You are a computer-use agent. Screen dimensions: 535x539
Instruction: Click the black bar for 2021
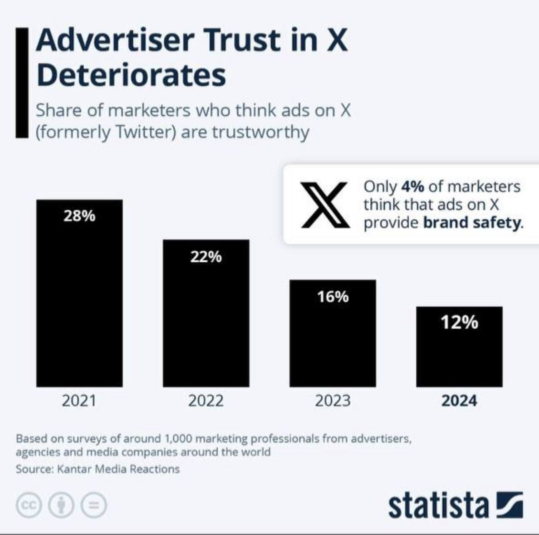tap(79, 303)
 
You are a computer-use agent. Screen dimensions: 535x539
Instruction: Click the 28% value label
tap(79, 216)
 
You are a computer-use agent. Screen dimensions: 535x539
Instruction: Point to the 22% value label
tap(206, 256)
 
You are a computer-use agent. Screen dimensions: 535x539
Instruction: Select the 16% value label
tap(333, 297)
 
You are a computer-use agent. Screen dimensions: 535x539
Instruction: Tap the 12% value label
tap(459, 323)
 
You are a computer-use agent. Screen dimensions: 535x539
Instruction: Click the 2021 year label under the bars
tap(79, 400)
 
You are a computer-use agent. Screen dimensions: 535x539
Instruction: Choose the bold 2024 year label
tap(459, 400)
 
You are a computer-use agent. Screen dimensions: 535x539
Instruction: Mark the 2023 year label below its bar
tap(333, 400)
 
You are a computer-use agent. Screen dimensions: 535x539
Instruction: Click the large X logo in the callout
tap(325, 205)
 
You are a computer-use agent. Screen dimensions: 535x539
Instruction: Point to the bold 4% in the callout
tap(413, 186)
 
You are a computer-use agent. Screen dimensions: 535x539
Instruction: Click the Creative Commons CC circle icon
tap(29, 504)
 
